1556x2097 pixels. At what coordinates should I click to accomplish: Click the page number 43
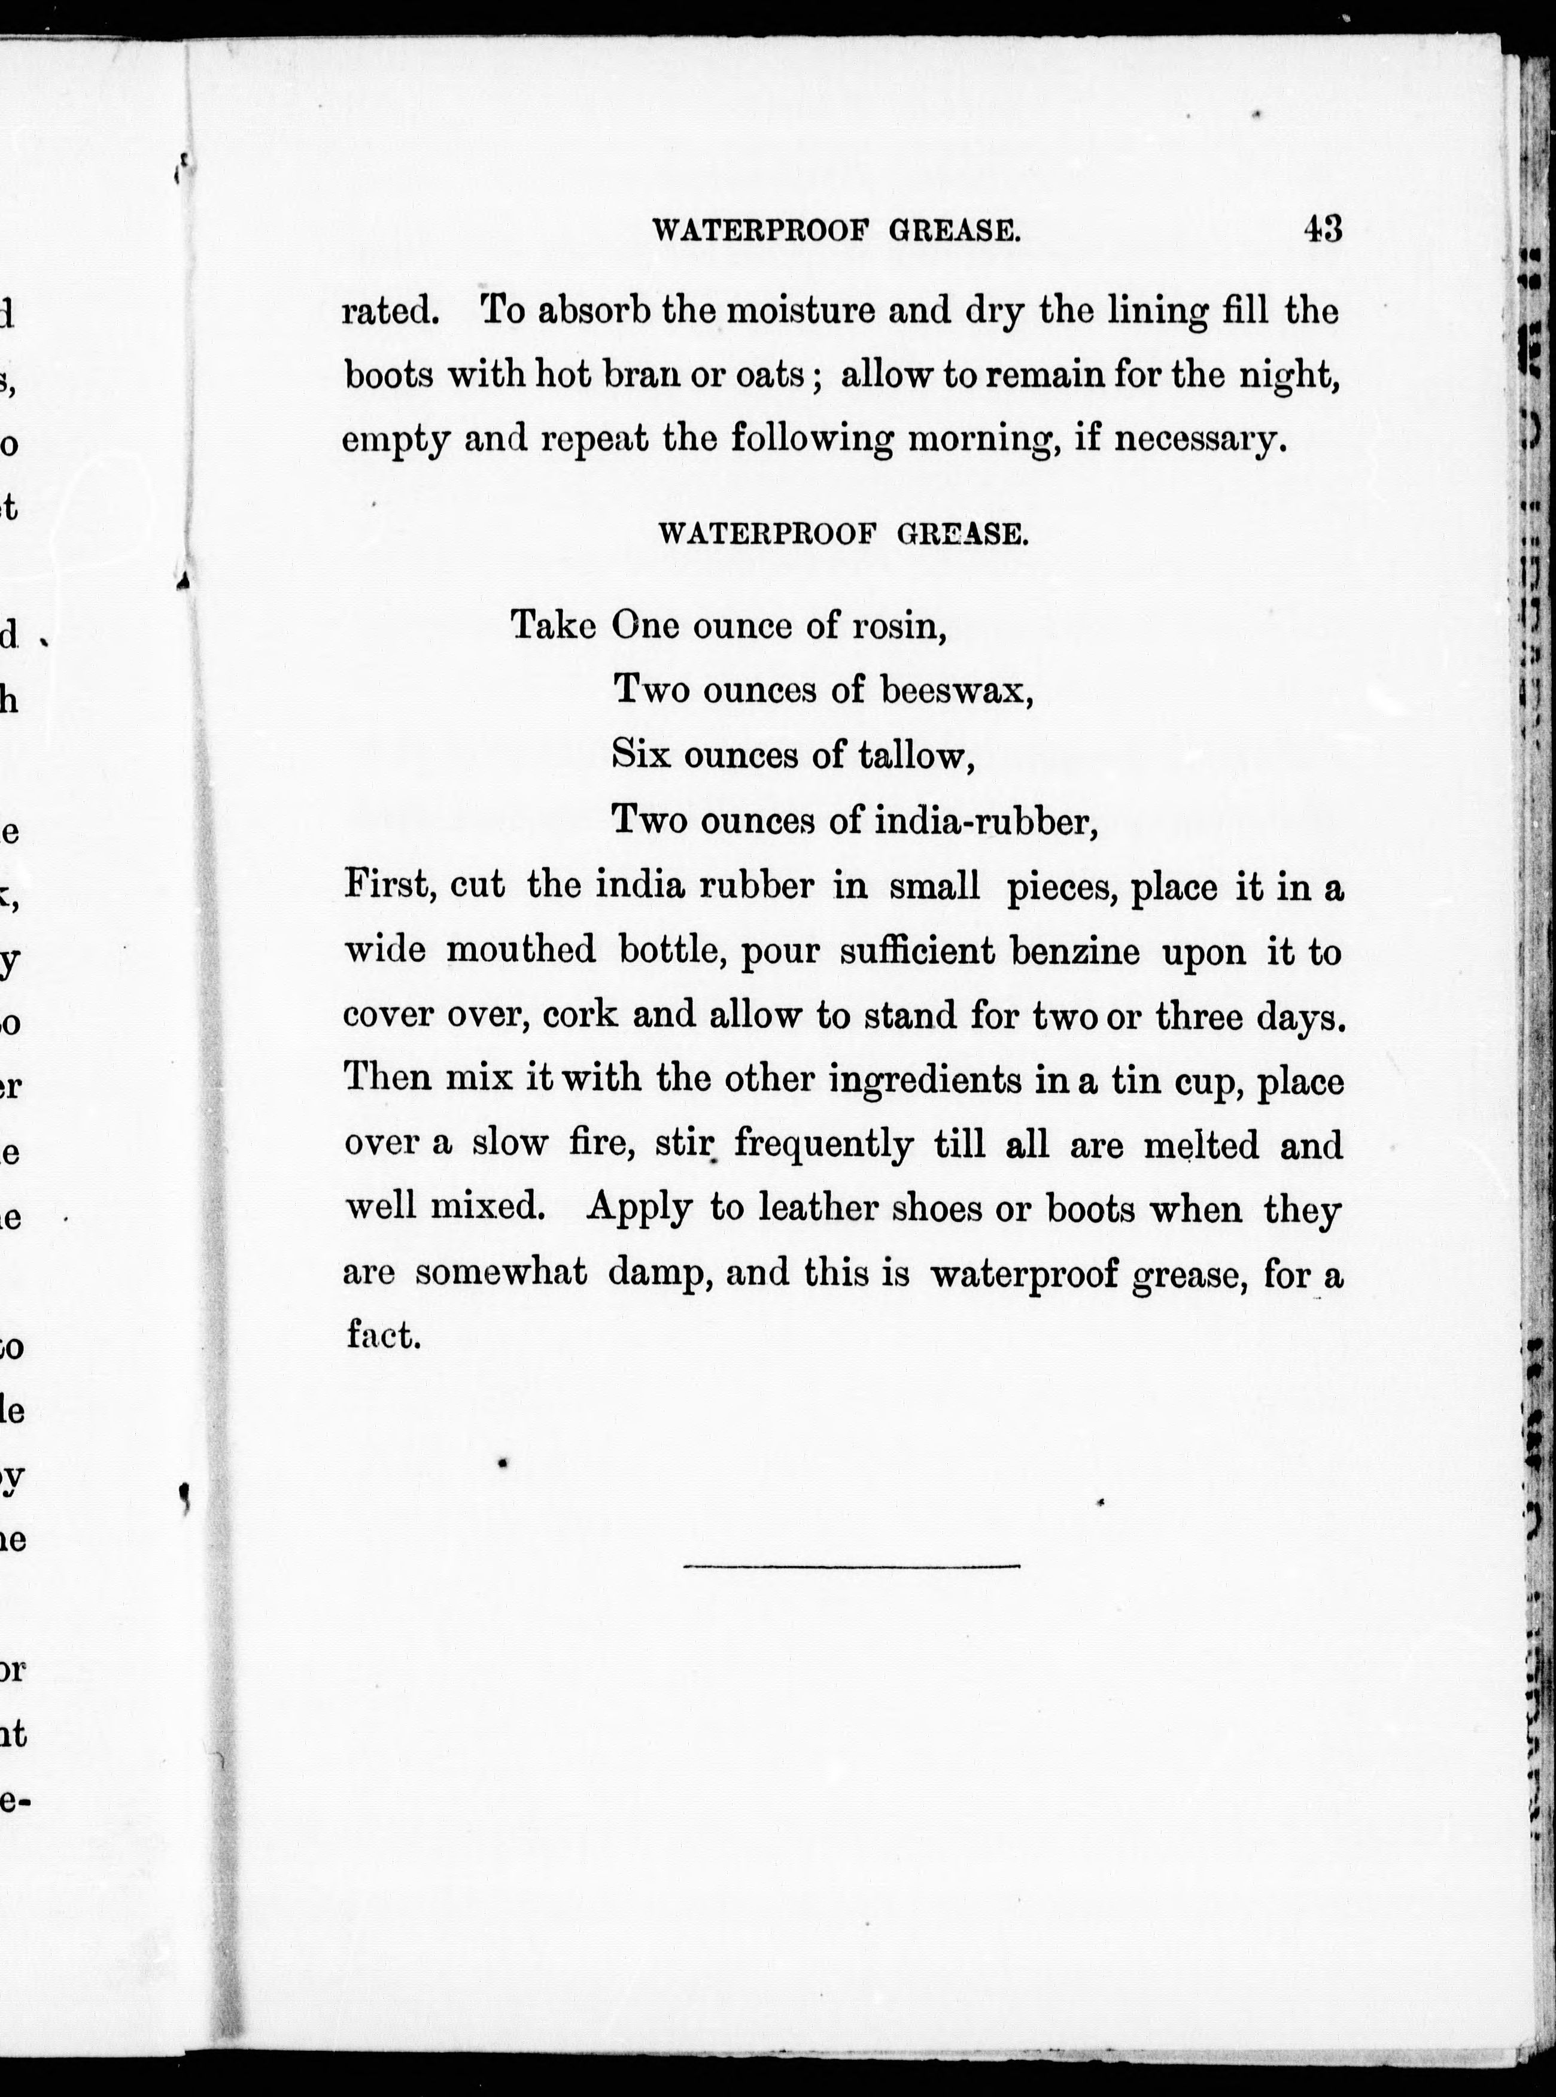(x=1323, y=229)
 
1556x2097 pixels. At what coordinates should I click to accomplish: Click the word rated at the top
(x=389, y=311)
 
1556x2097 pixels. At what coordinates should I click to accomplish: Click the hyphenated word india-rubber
(x=986, y=822)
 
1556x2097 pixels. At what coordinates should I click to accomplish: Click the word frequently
(x=823, y=1145)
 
